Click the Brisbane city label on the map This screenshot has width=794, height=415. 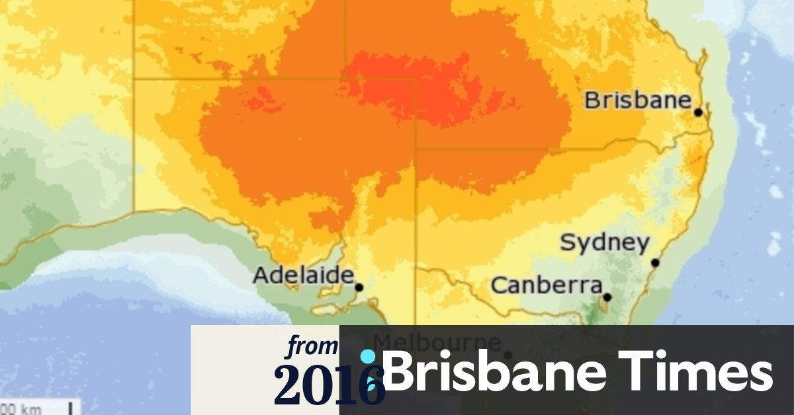pyautogui.click(x=637, y=101)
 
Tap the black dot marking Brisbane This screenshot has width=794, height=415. pyautogui.click(x=698, y=112)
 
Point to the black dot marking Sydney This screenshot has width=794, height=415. pyautogui.click(x=655, y=263)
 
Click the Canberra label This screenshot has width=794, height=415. pyautogui.click(x=546, y=286)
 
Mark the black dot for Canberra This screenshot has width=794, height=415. pyautogui.click(x=607, y=297)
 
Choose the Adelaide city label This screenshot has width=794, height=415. pyautogui.click(x=304, y=275)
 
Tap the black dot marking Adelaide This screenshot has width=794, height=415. pyautogui.click(x=359, y=287)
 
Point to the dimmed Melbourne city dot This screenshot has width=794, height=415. pyautogui.click(x=508, y=355)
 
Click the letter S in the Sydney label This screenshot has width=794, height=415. pyautogui.click(x=568, y=243)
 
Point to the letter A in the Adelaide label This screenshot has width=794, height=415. pyautogui.click(x=262, y=275)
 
